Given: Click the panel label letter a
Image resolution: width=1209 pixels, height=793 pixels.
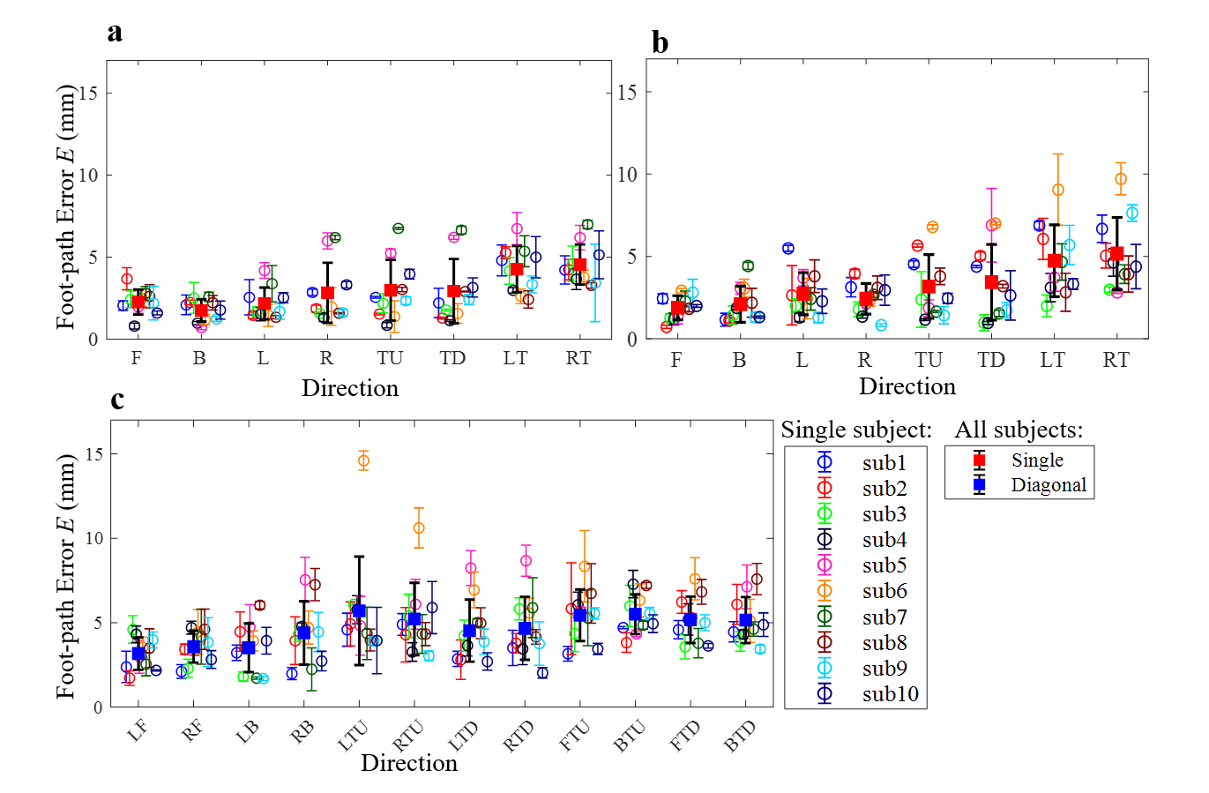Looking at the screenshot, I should (x=115, y=34).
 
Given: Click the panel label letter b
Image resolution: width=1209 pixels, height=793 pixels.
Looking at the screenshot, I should (x=660, y=41).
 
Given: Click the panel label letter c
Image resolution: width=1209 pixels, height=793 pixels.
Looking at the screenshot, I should (x=117, y=400).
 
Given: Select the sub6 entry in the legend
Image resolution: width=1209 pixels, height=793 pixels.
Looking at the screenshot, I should (x=884, y=591).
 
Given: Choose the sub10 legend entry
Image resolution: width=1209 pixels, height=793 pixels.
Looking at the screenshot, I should (x=890, y=694).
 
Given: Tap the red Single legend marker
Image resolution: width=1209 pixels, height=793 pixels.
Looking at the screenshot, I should (x=979, y=460).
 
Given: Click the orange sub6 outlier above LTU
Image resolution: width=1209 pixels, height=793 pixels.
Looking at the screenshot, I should (x=363, y=460).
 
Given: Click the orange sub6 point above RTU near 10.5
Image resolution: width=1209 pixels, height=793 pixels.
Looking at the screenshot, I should (x=419, y=528).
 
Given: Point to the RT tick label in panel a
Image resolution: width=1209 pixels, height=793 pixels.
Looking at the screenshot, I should (x=578, y=358).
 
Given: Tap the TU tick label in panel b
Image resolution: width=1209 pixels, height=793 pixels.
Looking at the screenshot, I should (x=928, y=360).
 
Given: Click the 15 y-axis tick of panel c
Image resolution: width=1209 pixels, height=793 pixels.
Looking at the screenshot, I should (x=93, y=453).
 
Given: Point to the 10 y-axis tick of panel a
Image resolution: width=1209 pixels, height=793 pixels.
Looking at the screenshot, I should (x=88, y=175).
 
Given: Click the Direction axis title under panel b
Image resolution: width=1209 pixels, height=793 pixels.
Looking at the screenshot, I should (x=907, y=386).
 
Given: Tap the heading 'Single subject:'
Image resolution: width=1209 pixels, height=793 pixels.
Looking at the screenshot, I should (x=856, y=430).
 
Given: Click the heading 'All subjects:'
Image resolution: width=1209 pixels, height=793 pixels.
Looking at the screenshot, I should (x=1019, y=430).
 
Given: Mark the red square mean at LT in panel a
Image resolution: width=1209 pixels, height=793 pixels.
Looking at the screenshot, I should (x=517, y=269).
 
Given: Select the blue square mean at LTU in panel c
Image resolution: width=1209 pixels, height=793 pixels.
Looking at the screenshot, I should (x=359, y=610).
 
